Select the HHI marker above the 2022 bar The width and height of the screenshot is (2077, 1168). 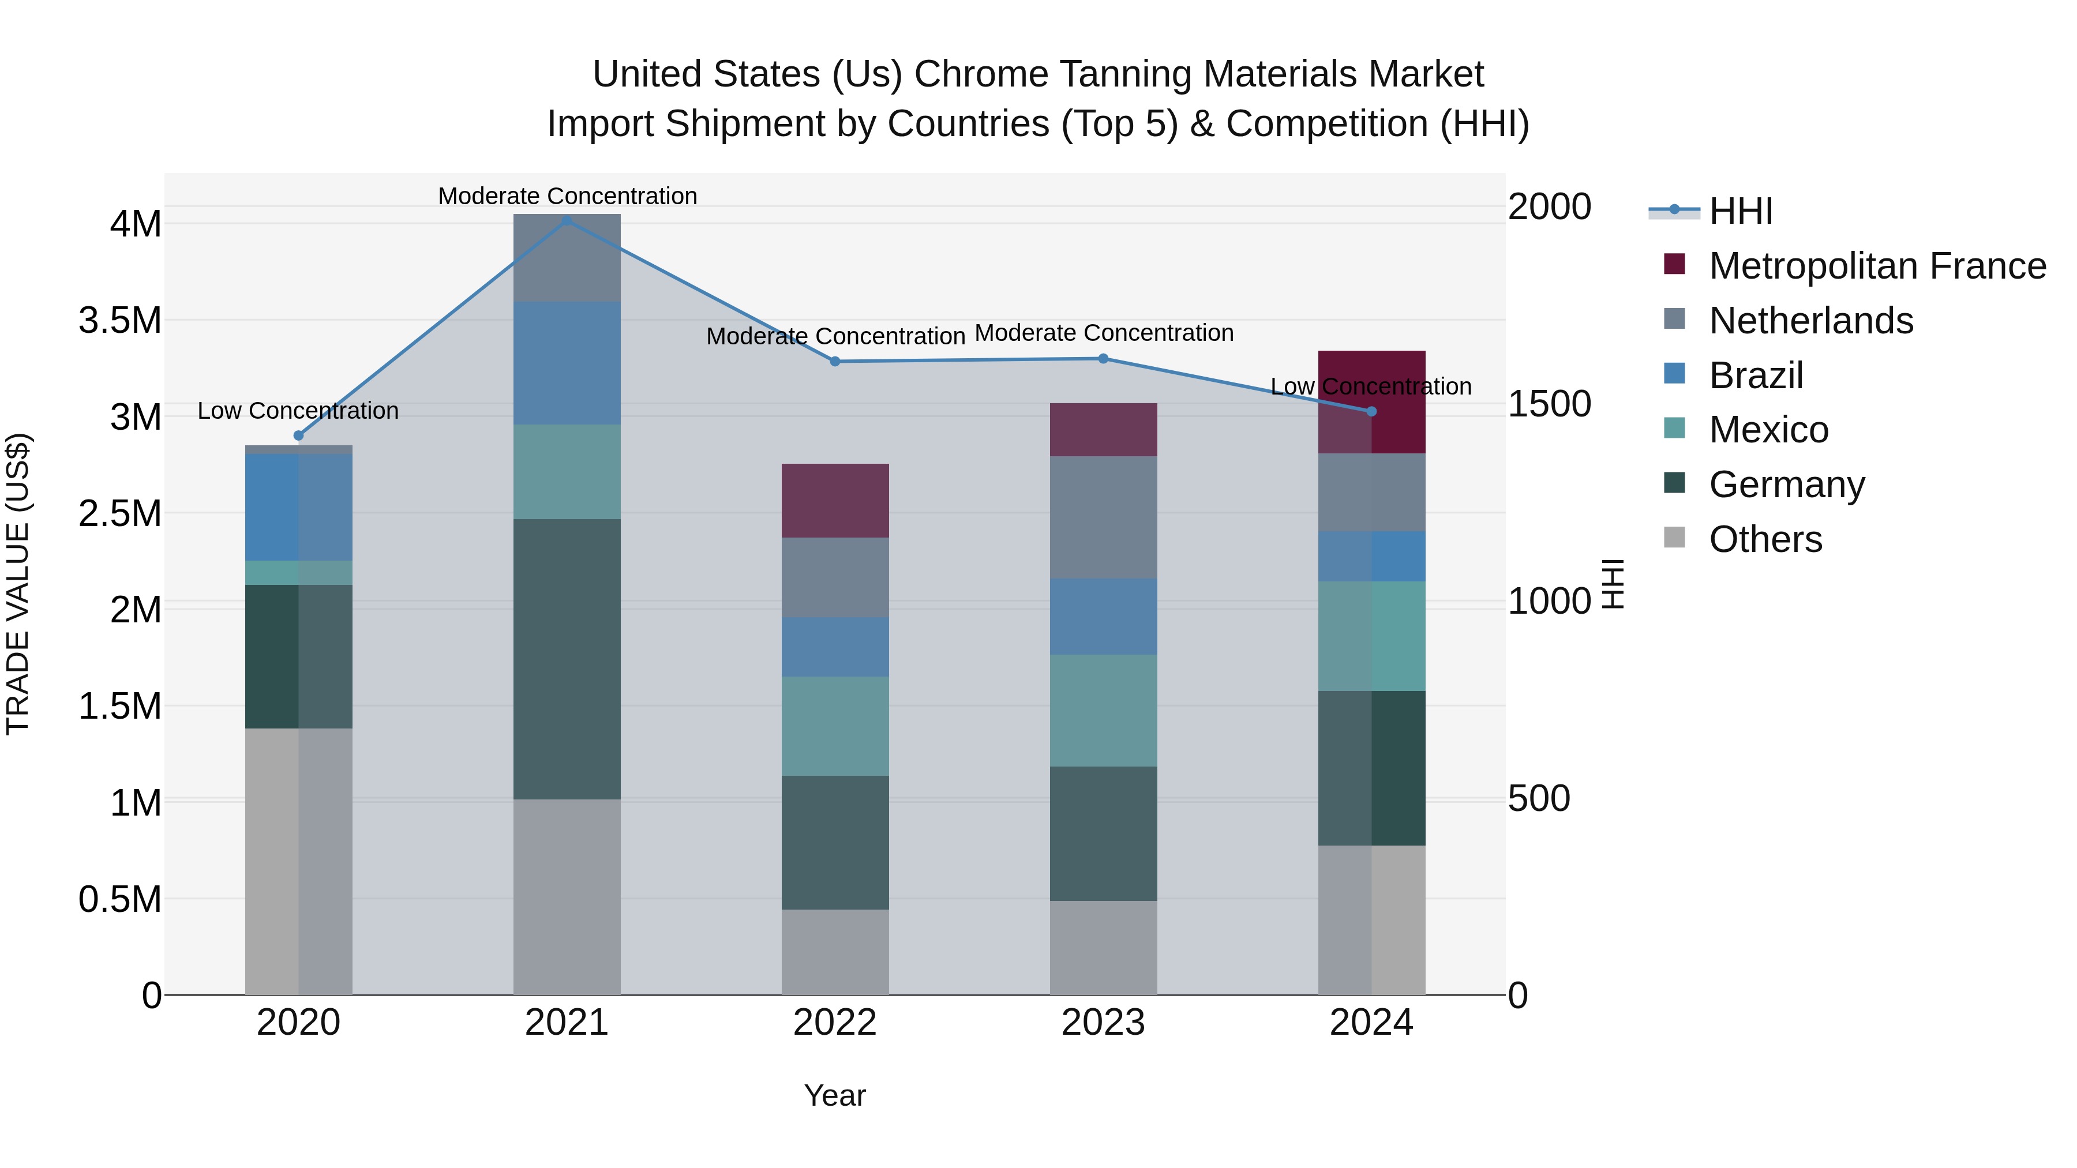(835, 361)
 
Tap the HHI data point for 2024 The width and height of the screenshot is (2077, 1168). (1371, 411)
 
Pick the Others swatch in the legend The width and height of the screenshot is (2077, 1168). (1675, 538)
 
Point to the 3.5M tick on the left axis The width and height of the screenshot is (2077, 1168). (120, 321)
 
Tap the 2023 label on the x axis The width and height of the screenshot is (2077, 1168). (1103, 1023)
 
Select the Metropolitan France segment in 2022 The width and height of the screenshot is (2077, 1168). (835, 501)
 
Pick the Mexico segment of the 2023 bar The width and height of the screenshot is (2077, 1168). (1103, 710)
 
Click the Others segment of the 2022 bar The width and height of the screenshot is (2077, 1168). (835, 952)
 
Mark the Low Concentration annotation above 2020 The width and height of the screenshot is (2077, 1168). (298, 411)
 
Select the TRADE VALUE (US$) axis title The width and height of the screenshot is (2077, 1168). (18, 584)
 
